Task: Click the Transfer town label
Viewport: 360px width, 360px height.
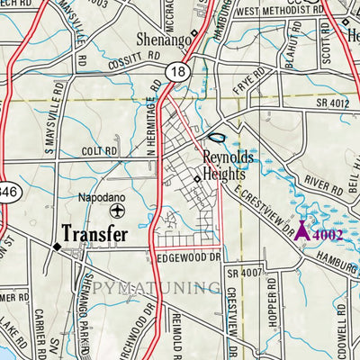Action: click(x=94, y=232)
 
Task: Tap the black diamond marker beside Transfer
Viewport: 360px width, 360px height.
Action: click(x=56, y=246)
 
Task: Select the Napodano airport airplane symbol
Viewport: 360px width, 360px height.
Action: click(x=117, y=210)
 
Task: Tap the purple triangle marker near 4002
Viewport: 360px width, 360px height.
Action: click(x=303, y=231)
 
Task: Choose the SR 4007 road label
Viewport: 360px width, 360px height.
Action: click(x=243, y=273)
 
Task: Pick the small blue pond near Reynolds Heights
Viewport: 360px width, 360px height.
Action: click(x=216, y=137)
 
